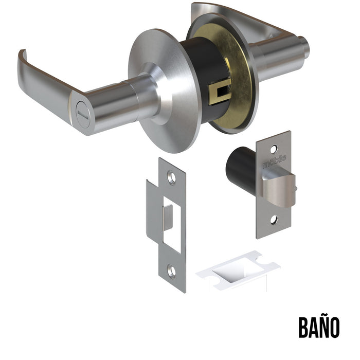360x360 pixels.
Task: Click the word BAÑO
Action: pyautogui.click(x=319, y=327)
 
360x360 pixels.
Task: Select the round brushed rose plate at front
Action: pyautogui.click(x=164, y=91)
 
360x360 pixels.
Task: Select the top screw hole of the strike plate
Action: pyautogui.click(x=171, y=177)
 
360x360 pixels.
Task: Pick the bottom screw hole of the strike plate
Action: pyautogui.click(x=171, y=272)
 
